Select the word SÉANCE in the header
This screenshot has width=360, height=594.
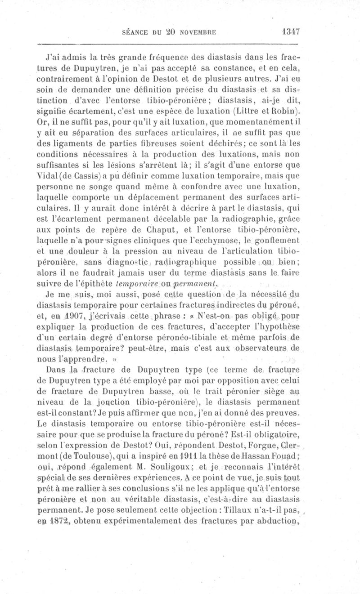135,32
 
